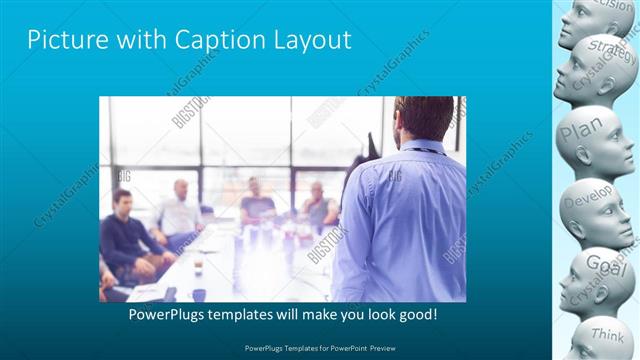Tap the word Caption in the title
pos(212,41)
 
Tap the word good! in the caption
pos(415,315)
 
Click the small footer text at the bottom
pos(319,347)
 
